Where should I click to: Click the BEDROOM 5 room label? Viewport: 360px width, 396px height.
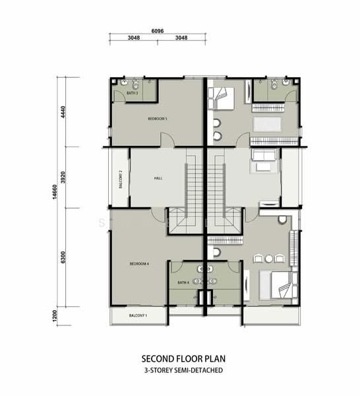click(158, 119)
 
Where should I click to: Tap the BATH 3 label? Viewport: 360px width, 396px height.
click(132, 94)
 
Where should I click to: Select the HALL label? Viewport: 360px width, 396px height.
click(158, 178)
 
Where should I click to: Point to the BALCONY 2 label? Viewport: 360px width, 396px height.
click(121, 179)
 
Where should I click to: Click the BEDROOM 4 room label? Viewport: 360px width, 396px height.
click(139, 264)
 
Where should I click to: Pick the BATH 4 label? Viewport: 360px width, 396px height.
click(183, 283)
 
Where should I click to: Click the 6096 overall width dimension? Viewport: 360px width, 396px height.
click(157, 30)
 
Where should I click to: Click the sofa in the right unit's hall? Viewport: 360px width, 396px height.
click(264, 156)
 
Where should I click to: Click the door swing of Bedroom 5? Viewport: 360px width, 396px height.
click(167, 139)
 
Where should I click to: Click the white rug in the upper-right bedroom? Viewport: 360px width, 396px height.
click(268, 124)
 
